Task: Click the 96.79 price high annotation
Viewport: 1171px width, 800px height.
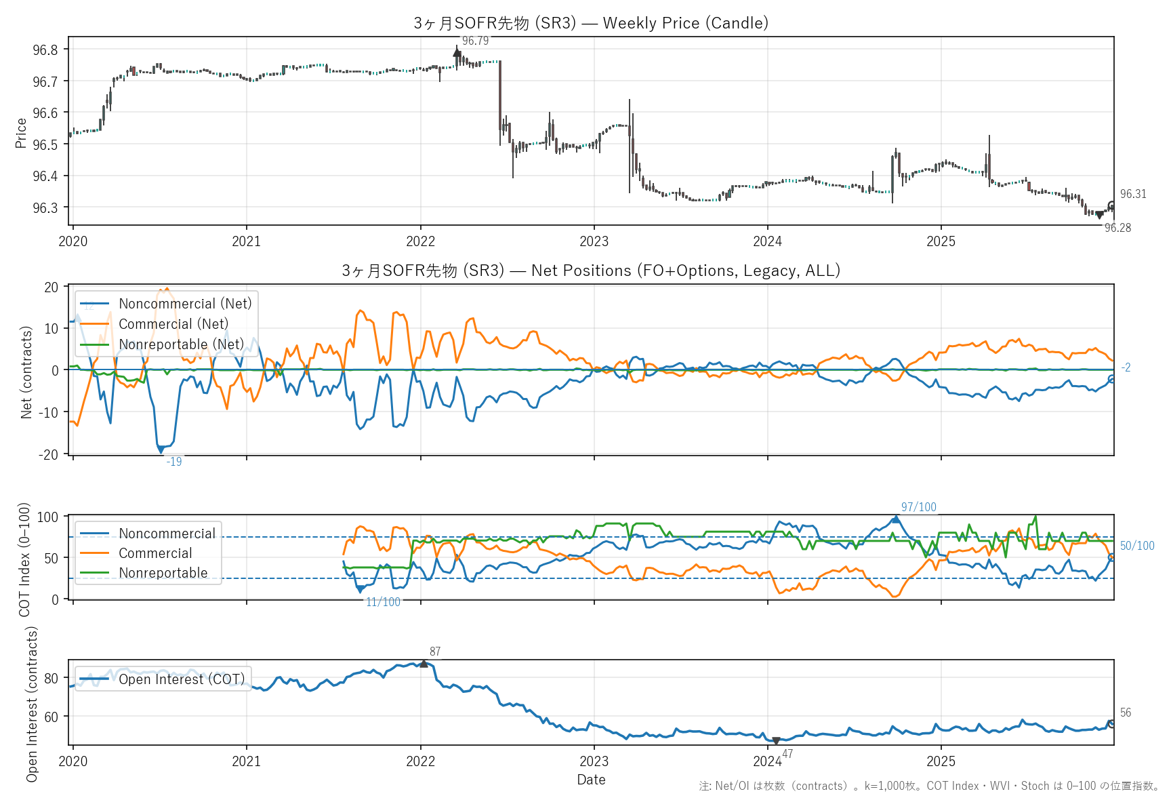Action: point(475,41)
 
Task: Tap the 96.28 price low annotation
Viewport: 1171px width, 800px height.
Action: point(1117,228)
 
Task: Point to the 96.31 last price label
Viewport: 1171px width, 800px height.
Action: point(1133,195)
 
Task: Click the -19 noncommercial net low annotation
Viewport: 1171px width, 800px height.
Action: point(174,462)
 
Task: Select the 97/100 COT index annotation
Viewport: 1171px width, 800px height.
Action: point(918,508)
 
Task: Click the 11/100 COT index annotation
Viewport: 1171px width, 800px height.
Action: point(383,603)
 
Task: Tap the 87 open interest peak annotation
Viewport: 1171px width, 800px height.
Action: point(435,652)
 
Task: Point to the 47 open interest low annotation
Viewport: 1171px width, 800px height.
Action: point(787,755)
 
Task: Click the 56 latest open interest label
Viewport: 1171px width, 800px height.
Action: point(1126,713)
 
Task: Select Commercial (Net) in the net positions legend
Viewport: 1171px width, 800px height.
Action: point(173,324)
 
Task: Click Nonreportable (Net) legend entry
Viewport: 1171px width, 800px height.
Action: point(181,344)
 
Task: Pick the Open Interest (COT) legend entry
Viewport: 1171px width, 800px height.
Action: point(182,679)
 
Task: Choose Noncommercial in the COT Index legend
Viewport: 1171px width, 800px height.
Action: point(167,534)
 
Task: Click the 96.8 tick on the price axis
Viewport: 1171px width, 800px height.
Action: point(45,50)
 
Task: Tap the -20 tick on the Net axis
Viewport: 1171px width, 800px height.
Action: point(51,455)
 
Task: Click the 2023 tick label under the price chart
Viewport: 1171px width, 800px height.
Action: point(594,242)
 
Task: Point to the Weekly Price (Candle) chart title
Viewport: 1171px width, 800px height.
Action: point(591,23)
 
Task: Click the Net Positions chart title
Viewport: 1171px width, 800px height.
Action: point(591,271)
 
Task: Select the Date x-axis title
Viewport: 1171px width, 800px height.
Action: point(591,780)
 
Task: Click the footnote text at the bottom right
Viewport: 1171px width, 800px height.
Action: point(929,786)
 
